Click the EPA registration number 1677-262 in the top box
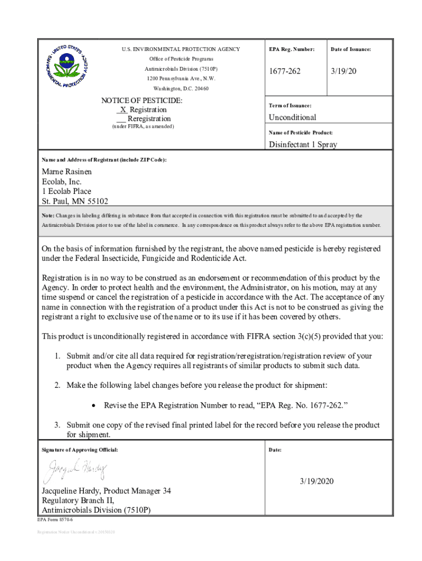284,72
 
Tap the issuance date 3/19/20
344,72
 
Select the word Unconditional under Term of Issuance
292,117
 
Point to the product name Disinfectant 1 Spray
303,145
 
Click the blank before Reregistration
121,118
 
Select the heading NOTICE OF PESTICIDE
142,101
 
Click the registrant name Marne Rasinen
67,171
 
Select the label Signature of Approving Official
80,450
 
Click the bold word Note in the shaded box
48,216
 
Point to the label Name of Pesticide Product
300,133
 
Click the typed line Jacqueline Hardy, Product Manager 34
106,491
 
